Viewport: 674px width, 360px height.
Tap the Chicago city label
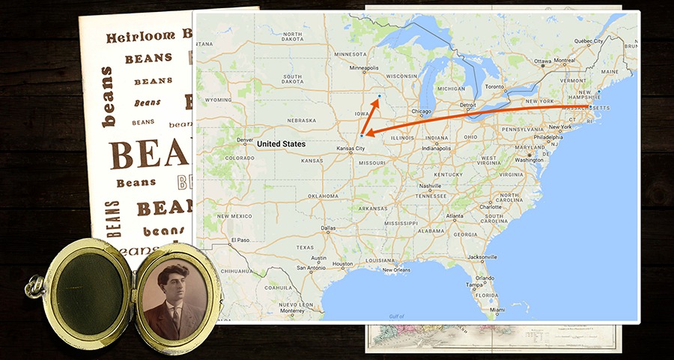[421, 112]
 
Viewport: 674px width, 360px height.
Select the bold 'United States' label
[281, 143]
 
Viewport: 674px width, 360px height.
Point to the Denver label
[245, 139]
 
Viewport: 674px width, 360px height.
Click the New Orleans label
[398, 269]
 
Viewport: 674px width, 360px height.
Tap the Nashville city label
[430, 186]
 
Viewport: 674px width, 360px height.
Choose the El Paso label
[240, 240]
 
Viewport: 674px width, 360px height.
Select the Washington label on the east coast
[529, 159]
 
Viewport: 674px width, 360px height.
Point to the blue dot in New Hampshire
[599, 91]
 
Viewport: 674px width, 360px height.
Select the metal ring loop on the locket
[33, 284]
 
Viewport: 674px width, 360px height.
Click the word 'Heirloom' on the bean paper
[140, 37]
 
